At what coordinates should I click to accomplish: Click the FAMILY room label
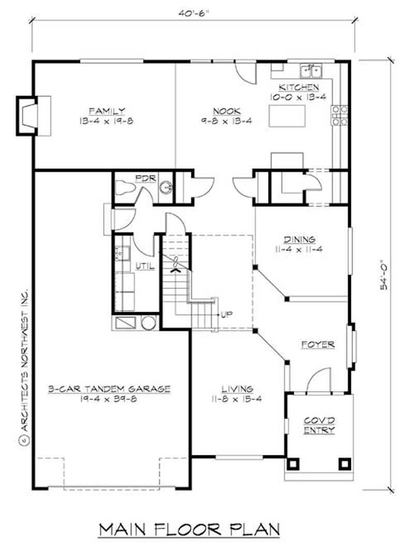pos(106,111)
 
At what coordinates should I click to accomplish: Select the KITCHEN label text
pos(298,87)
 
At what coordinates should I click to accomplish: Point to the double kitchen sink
pos(311,70)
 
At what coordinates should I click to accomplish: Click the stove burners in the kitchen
pos(339,115)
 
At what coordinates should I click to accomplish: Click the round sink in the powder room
pos(166,187)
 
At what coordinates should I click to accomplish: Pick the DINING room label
pos(299,239)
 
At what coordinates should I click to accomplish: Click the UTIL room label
pos(143,265)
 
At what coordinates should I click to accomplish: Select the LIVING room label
pos(237,389)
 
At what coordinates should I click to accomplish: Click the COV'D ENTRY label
pos(319,425)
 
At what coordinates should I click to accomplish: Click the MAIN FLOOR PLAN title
pos(189,529)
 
